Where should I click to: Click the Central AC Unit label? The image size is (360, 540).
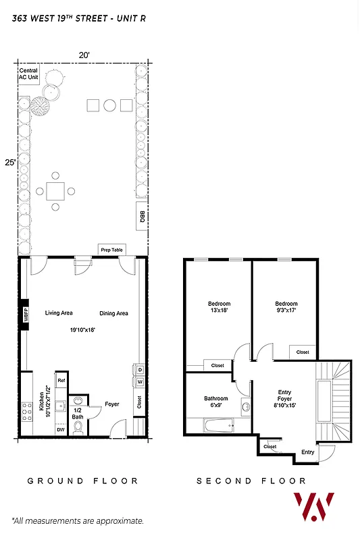28,74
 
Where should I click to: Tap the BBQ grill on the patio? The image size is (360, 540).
142,215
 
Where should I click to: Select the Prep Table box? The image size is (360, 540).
111,249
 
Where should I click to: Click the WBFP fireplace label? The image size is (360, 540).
24,314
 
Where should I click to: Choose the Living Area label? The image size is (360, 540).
59,313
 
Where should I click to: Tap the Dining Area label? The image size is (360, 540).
113,313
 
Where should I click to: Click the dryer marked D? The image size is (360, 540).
139,370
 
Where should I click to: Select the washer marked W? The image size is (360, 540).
139,382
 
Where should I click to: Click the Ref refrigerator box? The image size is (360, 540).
61,381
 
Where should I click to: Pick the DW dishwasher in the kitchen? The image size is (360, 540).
61,429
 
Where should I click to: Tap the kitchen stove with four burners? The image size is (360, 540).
28,411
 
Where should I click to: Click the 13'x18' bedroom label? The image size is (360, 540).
219,308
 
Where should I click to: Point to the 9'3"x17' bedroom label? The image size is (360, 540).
286,308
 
